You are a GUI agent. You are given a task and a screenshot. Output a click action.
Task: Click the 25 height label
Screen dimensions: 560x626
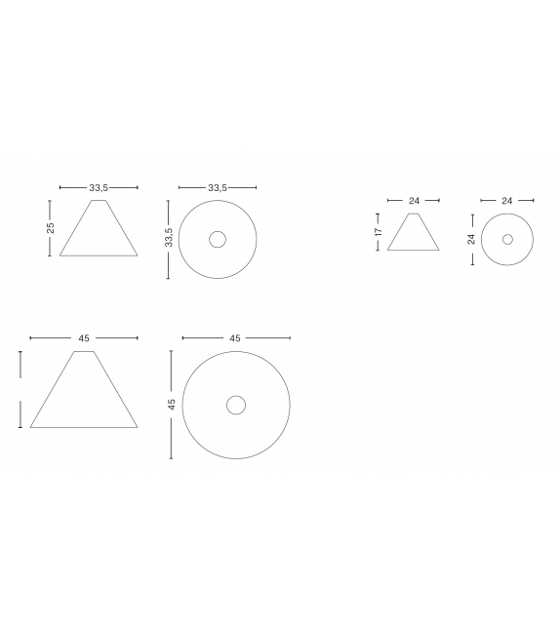[51, 228]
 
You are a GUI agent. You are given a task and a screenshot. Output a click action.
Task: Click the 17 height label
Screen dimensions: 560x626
[379, 231]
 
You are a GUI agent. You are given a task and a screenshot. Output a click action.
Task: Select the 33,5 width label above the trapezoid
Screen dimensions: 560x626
[99, 187]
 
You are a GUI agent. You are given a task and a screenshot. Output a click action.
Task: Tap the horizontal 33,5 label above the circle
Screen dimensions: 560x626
[218, 187]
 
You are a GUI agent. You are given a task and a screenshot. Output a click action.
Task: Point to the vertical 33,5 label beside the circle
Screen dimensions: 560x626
[169, 237]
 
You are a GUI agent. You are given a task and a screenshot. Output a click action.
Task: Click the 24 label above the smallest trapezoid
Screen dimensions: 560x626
[415, 201]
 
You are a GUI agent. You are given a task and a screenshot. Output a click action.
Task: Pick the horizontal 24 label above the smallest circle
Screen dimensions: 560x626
[507, 201]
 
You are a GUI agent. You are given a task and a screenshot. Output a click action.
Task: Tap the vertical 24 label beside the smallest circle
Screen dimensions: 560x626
[472, 239]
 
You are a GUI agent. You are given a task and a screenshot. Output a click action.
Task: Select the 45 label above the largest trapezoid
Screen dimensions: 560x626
[84, 338]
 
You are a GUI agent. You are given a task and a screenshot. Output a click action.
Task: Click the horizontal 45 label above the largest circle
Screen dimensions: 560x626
[235, 338]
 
